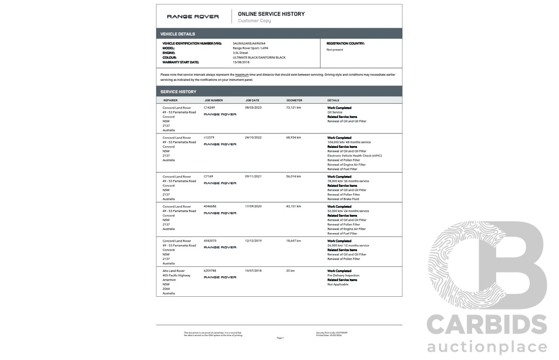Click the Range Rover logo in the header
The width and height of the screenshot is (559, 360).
[x=193, y=17]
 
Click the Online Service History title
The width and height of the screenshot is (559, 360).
[x=271, y=14]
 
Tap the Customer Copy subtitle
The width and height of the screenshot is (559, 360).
[x=254, y=21]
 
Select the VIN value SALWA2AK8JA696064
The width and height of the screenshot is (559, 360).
[x=249, y=44]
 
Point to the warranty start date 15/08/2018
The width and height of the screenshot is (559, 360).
[x=241, y=62]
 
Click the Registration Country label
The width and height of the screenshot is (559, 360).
[x=345, y=44]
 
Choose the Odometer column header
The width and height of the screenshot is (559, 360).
[x=294, y=100]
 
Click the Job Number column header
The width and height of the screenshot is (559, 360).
[x=213, y=100]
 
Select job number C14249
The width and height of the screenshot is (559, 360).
[x=209, y=107]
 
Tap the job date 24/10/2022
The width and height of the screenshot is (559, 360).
[x=253, y=137]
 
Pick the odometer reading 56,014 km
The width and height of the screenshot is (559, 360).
[x=293, y=176]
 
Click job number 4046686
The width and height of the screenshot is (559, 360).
[x=210, y=206]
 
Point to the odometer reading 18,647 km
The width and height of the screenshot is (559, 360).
[x=293, y=241]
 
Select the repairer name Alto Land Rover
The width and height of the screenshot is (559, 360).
[x=173, y=271]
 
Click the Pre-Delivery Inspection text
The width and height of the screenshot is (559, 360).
[x=343, y=275]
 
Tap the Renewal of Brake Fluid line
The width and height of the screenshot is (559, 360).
[x=343, y=199]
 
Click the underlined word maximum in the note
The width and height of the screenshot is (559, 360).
[x=242, y=75]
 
